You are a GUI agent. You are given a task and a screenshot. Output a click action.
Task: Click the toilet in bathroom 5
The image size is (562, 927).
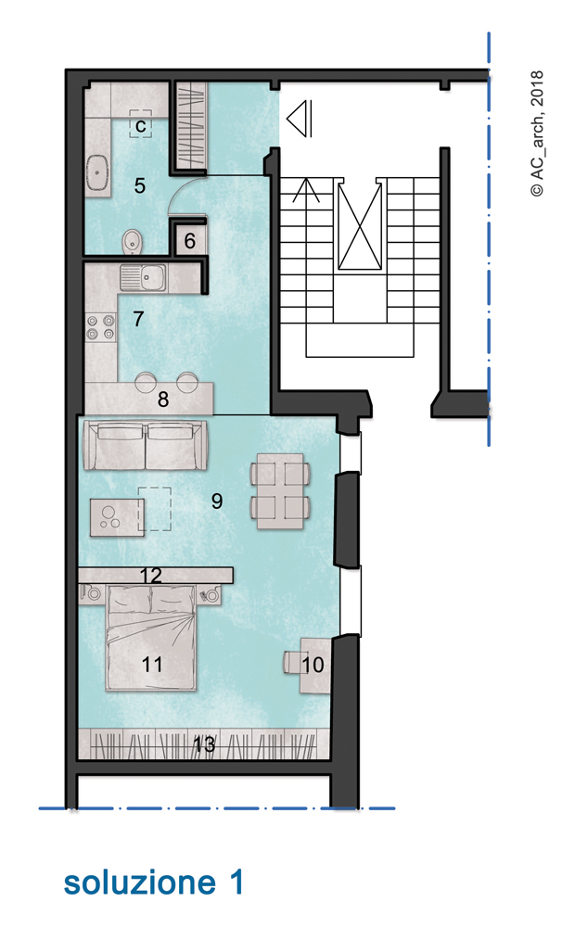pyautogui.click(x=133, y=242)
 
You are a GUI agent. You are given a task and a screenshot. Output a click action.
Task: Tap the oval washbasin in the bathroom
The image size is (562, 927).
pyautogui.click(x=97, y=172)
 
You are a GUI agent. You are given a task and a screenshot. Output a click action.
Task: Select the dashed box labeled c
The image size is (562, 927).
pyautogui.click(x=141, y=124)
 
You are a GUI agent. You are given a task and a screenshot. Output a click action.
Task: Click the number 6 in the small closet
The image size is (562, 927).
pyautogui.click(x=190, y=241)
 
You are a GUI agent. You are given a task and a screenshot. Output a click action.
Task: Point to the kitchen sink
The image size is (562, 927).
pyautogui.click(x=143, y=276)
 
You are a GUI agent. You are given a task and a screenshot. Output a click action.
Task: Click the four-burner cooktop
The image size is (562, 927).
pyautogui.click(x=100, y=327)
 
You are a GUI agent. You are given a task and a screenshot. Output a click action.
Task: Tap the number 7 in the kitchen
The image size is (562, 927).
pyautogui.click(x=138, y=319)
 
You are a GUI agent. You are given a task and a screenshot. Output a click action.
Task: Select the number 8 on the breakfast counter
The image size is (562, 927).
pyautogui.click(x=162, y=400)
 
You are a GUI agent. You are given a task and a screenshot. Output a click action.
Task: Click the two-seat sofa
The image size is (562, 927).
pyautogui.click(x=146, y=445)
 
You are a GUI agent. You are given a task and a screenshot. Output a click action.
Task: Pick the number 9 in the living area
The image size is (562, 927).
pyautogui.click(x=217, y=502)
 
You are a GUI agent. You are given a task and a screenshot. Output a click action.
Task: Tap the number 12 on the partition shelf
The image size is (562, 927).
pyautogui.click(x=151, y=576)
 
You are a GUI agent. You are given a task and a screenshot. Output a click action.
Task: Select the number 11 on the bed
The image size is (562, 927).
pyautogui.click(x=152, y=665)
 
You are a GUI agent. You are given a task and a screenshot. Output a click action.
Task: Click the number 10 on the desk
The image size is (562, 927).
pyautogui.click(x=313, y=665)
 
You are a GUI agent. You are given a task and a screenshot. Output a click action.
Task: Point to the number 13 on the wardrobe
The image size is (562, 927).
pyautogui.click(x=204, y=745)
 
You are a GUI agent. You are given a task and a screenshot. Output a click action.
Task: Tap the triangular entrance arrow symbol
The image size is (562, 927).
pyautogui.click(x=300, y=119)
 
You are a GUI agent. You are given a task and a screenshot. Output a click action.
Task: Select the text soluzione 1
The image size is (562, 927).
pyautogui.click(x=154, y=883)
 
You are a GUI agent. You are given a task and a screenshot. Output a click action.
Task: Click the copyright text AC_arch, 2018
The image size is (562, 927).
pyautogui.click(x=537, y=133)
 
